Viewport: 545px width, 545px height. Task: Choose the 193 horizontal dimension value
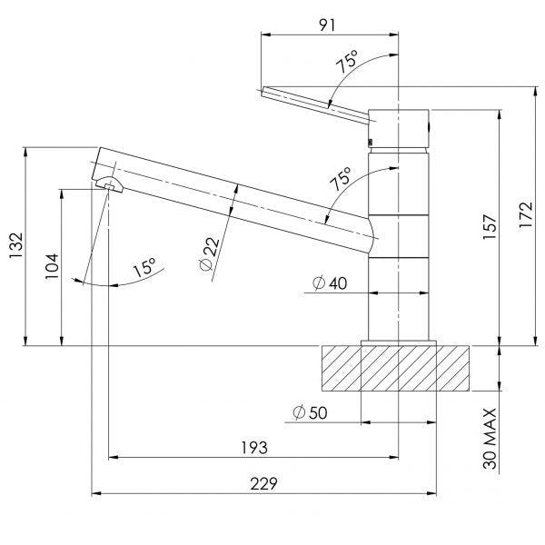tap(253, 447)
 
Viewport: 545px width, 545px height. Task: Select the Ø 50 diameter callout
tap(310, 413)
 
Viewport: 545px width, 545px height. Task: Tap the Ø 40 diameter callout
tap(329, 283)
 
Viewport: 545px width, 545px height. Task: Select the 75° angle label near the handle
tap(346, 64)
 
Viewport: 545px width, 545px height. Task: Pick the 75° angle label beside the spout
tap(342, 179)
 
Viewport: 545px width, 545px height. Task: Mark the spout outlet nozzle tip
tap(107, 184)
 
